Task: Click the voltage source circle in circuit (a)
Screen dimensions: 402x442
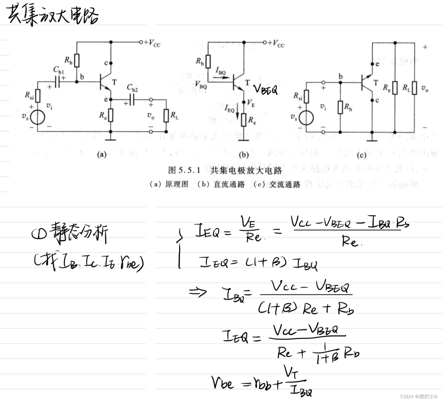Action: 38,118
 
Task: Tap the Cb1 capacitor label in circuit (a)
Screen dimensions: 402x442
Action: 58,70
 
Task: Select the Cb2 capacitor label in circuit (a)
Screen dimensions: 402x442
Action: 132,88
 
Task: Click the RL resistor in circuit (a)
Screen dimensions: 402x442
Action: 166,116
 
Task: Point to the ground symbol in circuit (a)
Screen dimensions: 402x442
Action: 110,138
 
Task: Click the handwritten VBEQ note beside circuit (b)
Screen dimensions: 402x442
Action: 265,90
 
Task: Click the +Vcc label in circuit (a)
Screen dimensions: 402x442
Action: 152,43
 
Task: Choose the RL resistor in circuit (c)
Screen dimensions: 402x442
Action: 414,88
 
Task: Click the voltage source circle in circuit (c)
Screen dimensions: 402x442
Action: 306,118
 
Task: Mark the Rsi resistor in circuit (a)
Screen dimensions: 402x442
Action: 38,96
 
